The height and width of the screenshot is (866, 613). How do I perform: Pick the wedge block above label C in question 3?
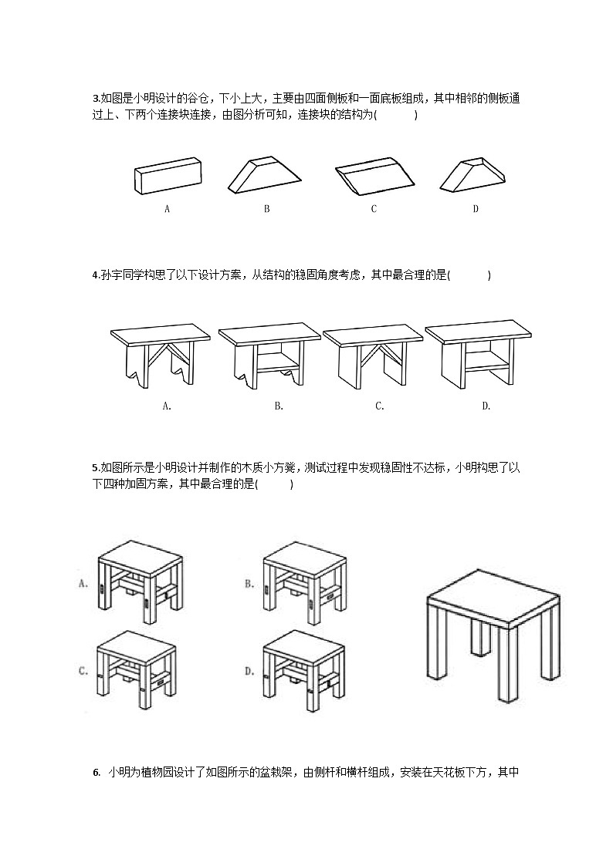[x=373, y=177]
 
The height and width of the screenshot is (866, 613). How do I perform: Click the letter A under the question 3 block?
[x=167, y=209]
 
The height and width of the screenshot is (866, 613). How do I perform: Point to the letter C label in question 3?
[x=374, y=209]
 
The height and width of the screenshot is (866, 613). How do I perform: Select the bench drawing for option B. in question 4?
[x=269, y=355]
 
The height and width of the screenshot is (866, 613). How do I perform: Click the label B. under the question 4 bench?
[x=279, y=406]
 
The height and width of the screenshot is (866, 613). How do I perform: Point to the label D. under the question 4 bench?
[x=486, y=406]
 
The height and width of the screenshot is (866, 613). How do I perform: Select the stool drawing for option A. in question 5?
[x=140, y=581]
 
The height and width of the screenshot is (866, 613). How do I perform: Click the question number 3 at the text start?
[x=95, y=99]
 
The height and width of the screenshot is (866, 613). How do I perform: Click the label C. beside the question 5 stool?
[x=84, y=671]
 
